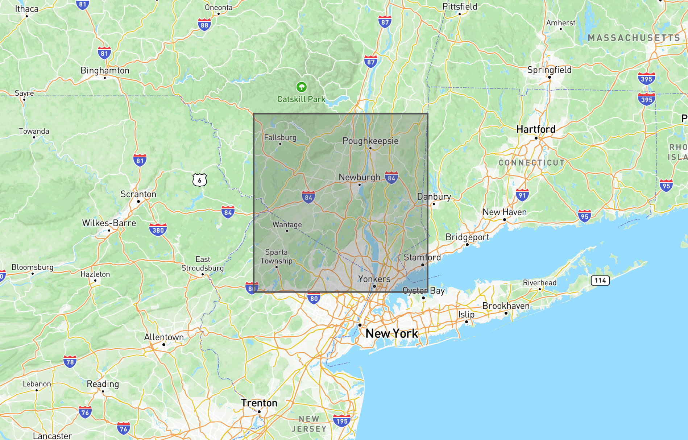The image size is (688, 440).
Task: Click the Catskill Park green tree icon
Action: pos(301,87)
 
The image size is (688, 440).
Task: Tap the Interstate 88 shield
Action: pos(204,25)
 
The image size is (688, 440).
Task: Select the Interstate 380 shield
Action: pos(158,230)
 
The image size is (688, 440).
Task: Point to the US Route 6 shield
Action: pos(200,180)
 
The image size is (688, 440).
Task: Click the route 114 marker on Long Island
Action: pos(600,280)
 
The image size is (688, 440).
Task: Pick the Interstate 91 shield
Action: pos(522,195)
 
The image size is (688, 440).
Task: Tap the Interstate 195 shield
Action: pos(341,421)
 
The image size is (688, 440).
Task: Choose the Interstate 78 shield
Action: pos(70,361)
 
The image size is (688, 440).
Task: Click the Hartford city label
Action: pos(536,129)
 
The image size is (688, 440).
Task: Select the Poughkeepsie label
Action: pos(370,141)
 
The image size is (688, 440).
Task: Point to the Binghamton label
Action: pos(105,70)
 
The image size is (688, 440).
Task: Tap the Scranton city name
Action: pos(138,194)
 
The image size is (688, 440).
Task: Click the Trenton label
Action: pos(259,403)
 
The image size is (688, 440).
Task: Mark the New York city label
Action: pos(391,333)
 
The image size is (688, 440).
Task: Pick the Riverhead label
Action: pos(539,283)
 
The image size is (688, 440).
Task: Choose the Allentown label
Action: pos(164,337)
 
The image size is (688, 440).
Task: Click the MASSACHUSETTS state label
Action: pos(634,38)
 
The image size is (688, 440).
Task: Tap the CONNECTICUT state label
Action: pos(531,163)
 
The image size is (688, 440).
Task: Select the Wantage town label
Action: pos(287,225)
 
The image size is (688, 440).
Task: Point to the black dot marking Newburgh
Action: pos(360,185)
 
